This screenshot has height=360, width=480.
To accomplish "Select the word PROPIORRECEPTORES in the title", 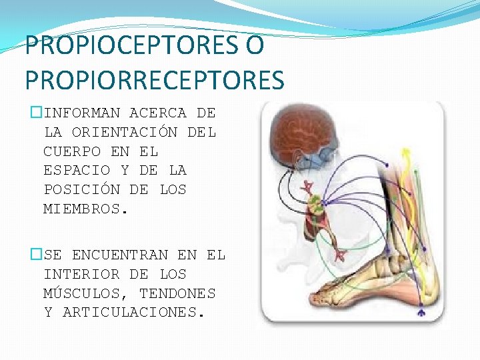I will point(155,81).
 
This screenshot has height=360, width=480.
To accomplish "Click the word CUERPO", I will point(72,151).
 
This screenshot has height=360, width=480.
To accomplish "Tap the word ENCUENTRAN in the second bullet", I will point(119,255).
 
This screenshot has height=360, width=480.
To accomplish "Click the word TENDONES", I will point(177,293).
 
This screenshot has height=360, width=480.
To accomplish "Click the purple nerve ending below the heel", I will point(420,311).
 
